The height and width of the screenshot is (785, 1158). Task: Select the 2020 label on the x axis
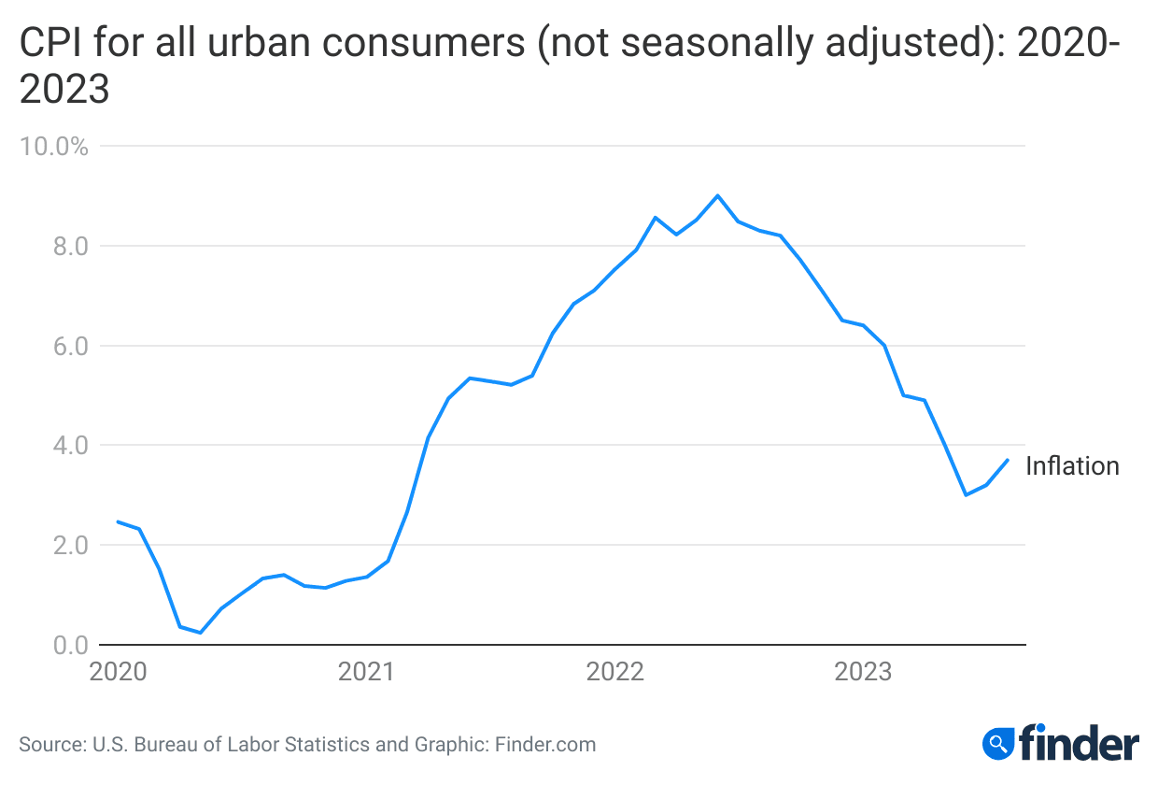(x=118, y=672)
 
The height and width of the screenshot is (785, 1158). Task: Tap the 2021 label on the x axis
(x=366, y=672)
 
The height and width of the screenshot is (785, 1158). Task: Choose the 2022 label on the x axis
(x=614, y=672)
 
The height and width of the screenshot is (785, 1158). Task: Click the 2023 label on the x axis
(x=863, y=672)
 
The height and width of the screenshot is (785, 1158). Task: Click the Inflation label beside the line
(x=1072, y=466)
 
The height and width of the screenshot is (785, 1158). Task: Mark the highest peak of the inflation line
(x=717, y=195)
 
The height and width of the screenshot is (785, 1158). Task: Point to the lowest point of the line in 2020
(x=200, y=633)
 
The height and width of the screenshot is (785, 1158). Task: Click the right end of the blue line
(x=1008, y=460)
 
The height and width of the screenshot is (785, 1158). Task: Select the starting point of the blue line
(x=118, y=521)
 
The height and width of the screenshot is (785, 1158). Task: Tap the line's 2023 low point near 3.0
(x=966, y=494)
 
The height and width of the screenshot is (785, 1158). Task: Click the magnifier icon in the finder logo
(x=998, y=744)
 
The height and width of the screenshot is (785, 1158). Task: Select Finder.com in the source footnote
(x=544, y=745)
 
